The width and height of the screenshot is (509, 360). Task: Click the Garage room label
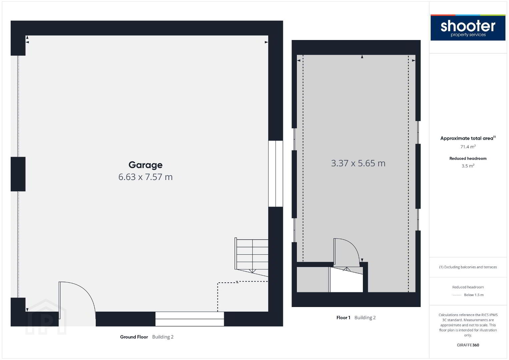tap(145, 165)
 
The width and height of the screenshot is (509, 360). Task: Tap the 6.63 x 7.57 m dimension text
tap(145, 177)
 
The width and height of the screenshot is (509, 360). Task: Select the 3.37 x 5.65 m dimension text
tap(358, 163)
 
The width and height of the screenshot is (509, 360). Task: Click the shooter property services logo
tap(468, 27)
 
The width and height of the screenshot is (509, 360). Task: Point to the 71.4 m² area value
tap(468, 147)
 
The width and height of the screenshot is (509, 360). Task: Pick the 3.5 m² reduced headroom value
tap(468, 166)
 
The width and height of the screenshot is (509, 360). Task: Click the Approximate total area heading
tap(468, 138)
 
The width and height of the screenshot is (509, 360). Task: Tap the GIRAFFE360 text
tap(468, 345)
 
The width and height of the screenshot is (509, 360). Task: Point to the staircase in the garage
tap(251, 257)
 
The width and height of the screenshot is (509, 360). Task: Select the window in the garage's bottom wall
tap(189, 319)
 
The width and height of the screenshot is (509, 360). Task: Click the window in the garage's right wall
tap(276, 174)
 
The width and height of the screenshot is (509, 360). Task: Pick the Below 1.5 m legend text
tap(474, 295)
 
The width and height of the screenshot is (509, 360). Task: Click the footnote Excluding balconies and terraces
tap(468, 267)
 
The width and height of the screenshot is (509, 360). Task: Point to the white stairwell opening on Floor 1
tap(346, 280)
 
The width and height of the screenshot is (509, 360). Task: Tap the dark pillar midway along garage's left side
tap(18, 174)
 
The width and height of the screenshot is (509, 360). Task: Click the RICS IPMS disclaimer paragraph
tap(468, 325)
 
